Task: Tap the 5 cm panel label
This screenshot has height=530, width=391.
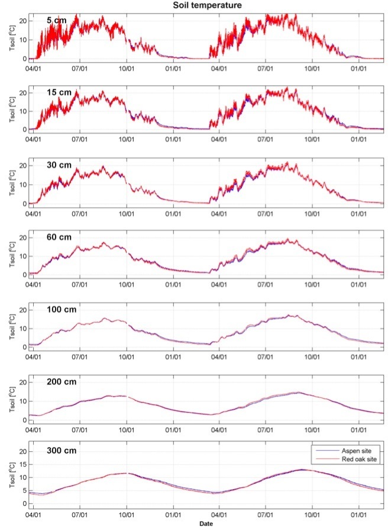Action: point(57,21)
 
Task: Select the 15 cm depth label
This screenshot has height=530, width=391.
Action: point(59,93)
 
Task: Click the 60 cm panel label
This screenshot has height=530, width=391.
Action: point(59,237)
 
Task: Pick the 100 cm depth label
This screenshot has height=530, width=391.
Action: point(62,310)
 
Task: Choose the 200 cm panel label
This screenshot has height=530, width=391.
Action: point(62,382)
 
